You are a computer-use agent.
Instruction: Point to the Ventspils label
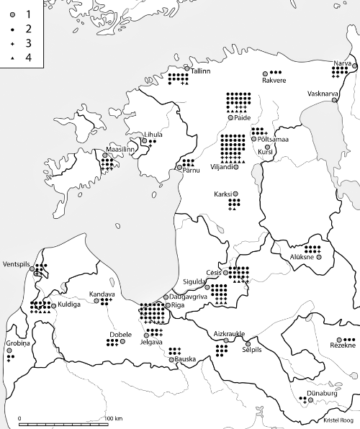click(17, 263)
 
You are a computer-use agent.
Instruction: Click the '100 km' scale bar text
click(113, 418)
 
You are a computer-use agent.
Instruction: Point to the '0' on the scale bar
click(19, 418)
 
